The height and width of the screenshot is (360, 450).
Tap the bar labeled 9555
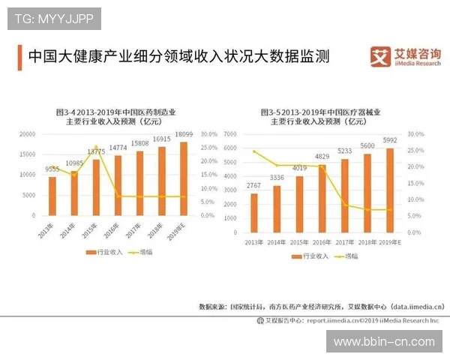pyautogui.click(x=52, y=196)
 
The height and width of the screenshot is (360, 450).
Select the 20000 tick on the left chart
pyautogui.click(x=27, y=134)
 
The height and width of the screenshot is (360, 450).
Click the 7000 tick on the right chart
pyautogui.click(x=229, y=134)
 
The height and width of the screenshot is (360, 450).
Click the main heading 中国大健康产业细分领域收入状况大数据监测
pyautogui.click(x=178, y=57)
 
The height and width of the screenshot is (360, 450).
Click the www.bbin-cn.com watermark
pyautogui.click(x=383, y=341)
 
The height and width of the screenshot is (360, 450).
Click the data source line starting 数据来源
pyautogui.click(x=321, y=306)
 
